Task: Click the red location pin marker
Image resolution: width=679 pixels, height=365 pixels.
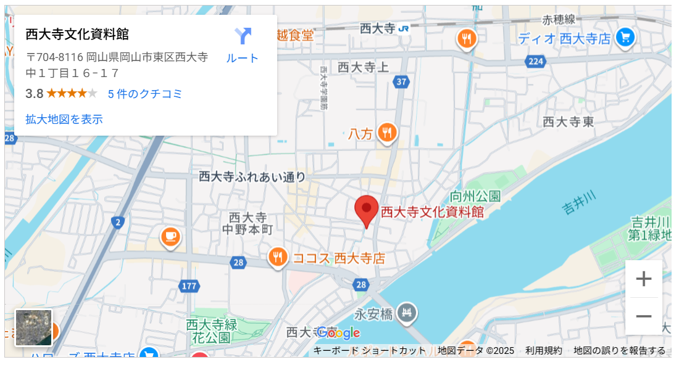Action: (367, 209)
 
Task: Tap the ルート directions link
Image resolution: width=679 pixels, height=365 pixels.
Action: (243, 46)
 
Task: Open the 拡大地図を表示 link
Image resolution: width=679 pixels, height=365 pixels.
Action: (64, 120)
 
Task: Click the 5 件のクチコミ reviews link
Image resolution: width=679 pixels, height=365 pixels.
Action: (145, 94)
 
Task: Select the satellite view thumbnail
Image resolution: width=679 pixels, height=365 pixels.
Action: (34, 327)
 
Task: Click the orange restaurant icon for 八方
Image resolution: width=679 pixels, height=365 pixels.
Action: (388, 132)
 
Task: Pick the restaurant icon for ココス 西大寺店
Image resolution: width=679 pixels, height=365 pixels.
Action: (278, 256)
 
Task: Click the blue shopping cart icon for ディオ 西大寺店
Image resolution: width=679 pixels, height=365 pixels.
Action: (626, 38)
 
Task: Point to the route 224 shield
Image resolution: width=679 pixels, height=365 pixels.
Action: (536, 61)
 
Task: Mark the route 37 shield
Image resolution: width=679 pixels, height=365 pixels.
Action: (402, 82)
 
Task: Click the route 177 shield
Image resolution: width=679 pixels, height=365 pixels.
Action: (189, 286)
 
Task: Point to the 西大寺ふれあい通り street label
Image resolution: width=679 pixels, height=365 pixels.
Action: (252, 177)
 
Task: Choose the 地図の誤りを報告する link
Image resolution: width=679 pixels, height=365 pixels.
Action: (619, 351)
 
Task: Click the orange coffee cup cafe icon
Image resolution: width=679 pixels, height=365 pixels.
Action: (170, 236)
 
